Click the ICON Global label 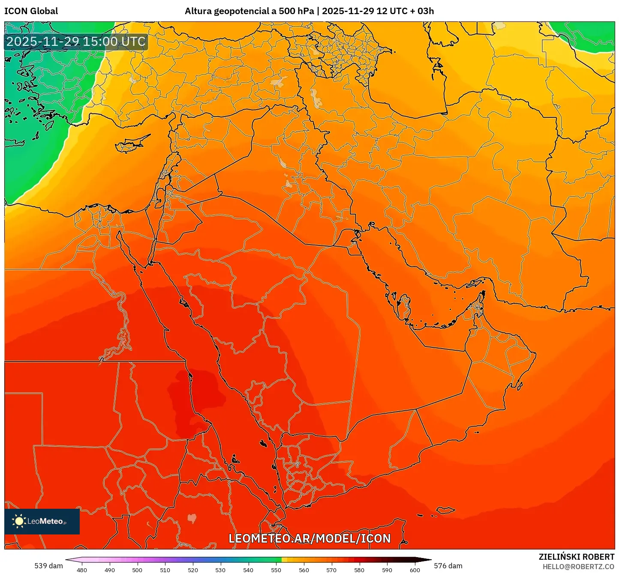31,11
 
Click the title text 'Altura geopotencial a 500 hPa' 249,11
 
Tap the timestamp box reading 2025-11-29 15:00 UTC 76,42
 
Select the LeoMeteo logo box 42,521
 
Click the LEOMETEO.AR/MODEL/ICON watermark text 309,538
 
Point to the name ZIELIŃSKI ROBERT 576,557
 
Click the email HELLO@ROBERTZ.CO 578,567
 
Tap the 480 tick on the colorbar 81,570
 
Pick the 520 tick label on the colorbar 192,570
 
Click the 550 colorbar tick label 276,570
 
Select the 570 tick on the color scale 331,570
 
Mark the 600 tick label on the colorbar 415,570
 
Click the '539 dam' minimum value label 48,566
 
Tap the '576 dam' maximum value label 448,566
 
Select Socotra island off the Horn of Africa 446,510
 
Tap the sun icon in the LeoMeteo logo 19,521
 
